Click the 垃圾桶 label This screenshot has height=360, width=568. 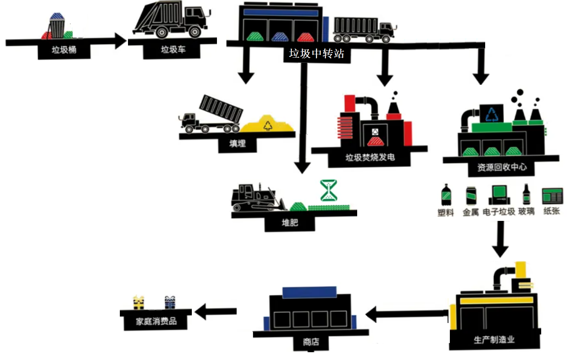(x=64, y=50)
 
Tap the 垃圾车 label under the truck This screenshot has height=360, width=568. (x=173, y=50)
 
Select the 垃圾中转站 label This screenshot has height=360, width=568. (x=316, y=54)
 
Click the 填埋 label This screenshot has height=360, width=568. (x=237, y=144)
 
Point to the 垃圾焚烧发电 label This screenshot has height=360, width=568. (x=370, y=157)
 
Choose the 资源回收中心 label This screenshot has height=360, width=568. (x=502, y=167)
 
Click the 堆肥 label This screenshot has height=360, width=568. (x=290, y=223)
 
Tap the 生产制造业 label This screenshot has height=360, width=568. (x=494, y=340)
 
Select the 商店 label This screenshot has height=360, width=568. (x=311, y=342)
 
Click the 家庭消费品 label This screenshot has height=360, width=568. (x=156, y=321)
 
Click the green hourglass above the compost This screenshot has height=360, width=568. (x=329, y=190)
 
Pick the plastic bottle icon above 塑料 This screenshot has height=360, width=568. (x=446, y=195)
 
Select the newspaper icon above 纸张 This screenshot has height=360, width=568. (x=552, y=196)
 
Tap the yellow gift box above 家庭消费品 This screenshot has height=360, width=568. (x=139, y=303)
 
